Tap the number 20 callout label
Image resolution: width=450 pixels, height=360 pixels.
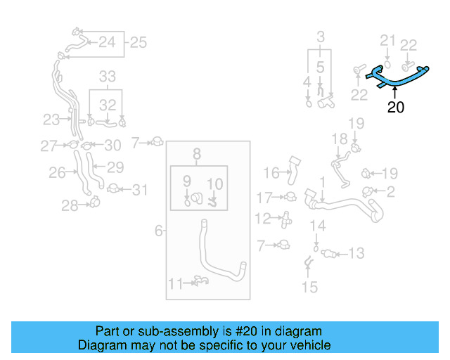pyautogui.click(x=396, y=108)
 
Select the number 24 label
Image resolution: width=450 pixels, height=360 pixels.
pyautogui.click(x=106, y=42)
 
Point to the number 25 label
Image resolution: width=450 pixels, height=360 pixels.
pyautogui.click(x=138, y=42)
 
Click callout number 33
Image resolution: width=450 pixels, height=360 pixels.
pyautogui.click(x=107, y=76)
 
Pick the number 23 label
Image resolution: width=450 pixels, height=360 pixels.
pyautogui.click(x=51, y=120)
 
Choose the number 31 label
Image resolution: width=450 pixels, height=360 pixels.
pyautogui.click(x=141, y=189)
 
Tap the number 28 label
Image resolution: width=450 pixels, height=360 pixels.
pyautogui.click(x=69, y=205)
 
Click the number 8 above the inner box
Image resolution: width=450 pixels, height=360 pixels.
pyautogui.click(x=197, y=153)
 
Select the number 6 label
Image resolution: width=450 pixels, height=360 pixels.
pyautogui.click(x=159, y=230)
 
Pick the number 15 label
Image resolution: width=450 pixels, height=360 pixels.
pyautogui.click(x=309, y=287)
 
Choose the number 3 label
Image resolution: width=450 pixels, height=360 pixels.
pyautogui.click(x=321, y=37)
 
